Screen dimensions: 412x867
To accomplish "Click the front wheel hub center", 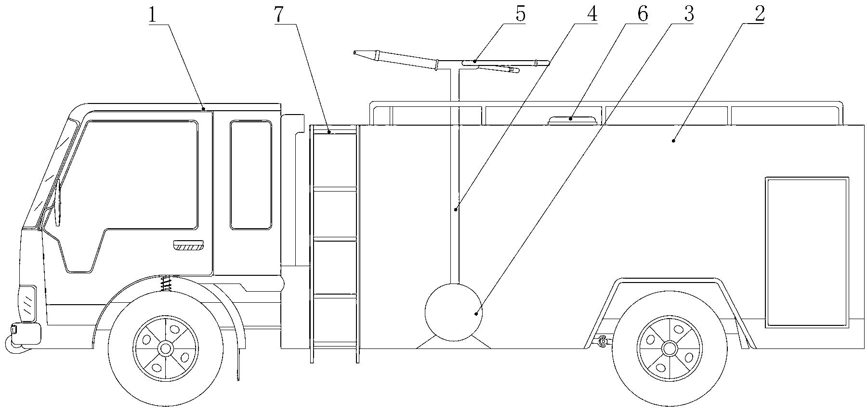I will point(166,348).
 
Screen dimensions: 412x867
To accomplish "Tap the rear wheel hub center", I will point(669,348).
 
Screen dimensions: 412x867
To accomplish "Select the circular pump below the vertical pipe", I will point(453,312).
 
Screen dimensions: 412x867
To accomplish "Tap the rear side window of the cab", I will point(250,175).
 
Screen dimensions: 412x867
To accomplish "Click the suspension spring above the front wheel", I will point(167,283).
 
